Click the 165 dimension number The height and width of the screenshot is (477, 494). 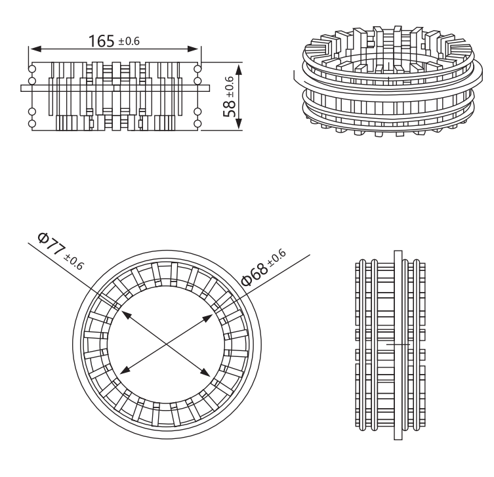pos(101,41)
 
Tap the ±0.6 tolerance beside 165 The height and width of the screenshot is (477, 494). pos(129,41)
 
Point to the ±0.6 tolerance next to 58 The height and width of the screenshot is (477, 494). pos(230,87)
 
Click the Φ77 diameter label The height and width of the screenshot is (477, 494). pos(50,244)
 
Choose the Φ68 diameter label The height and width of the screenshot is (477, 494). pos(255,274)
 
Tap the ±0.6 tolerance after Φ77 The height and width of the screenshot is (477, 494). pos(74,262)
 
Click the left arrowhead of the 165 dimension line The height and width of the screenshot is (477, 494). pos(36,49)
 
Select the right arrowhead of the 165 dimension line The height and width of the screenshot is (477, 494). pos(193,49)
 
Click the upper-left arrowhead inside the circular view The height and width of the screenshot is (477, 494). pos(126,315)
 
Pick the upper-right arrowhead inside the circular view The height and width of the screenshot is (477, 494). pos(207,318)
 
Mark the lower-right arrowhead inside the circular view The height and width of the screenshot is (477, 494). pos(205,373)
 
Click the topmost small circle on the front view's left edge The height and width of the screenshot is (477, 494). pos(32,69)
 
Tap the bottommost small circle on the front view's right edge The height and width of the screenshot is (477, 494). pos(197,124)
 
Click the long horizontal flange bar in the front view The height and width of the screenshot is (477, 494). pos(115,88)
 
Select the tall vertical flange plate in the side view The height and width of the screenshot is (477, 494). pos(398,329)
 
